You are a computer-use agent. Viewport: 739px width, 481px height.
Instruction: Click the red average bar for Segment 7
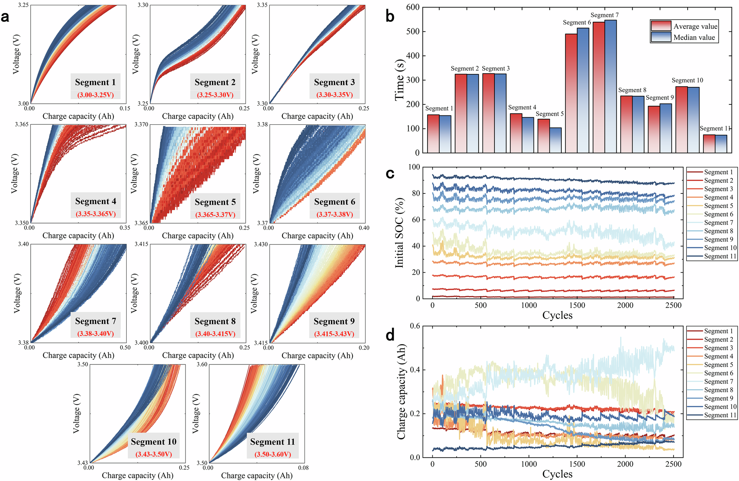pos(599,87)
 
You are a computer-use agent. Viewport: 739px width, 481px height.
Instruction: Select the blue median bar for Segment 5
pos(555,140)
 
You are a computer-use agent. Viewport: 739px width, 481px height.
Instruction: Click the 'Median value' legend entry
pos(694,37)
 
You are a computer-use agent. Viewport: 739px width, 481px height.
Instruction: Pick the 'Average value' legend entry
pos(695,26)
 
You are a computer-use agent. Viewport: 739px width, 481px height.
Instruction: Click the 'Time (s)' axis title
pos(400,80)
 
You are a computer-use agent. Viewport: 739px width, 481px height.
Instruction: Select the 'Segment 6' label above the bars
pos(577,23)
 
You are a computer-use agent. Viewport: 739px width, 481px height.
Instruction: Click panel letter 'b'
pos(390,16)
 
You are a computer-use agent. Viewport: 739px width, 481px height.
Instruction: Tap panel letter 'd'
pos(390,335)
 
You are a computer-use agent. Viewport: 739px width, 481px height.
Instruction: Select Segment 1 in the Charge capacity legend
pos(718,331)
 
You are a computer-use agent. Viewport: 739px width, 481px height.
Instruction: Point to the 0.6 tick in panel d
pos(415,326)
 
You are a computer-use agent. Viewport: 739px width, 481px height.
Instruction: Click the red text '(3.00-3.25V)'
pos(95,95)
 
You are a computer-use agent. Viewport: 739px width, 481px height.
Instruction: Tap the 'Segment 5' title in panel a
pos(215,202)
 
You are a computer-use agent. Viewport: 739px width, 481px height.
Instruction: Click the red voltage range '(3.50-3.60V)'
pos(272,454)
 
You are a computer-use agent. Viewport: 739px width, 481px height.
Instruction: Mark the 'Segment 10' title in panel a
pos(153,442)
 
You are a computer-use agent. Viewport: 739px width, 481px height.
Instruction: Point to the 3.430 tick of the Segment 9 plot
pos(261,245)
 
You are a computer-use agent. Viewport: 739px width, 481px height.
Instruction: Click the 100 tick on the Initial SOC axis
pos(414,167)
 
